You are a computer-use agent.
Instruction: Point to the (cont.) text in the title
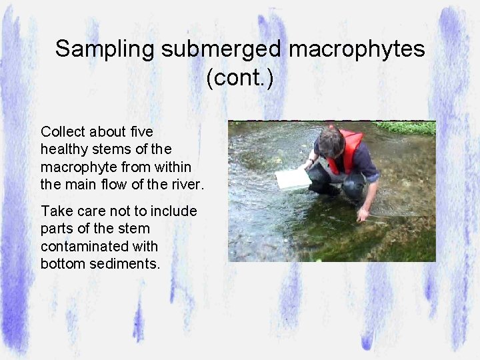[x=239, y=78]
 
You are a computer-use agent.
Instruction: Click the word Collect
[x=63, y=131]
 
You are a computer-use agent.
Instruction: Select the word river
[x=187, y=183]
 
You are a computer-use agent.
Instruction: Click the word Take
[x=55, y=211]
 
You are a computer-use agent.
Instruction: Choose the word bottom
[x=62, y=263]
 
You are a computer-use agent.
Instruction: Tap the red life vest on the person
[x=349, y=150]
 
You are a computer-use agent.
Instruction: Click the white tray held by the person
[x=293, y=179]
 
